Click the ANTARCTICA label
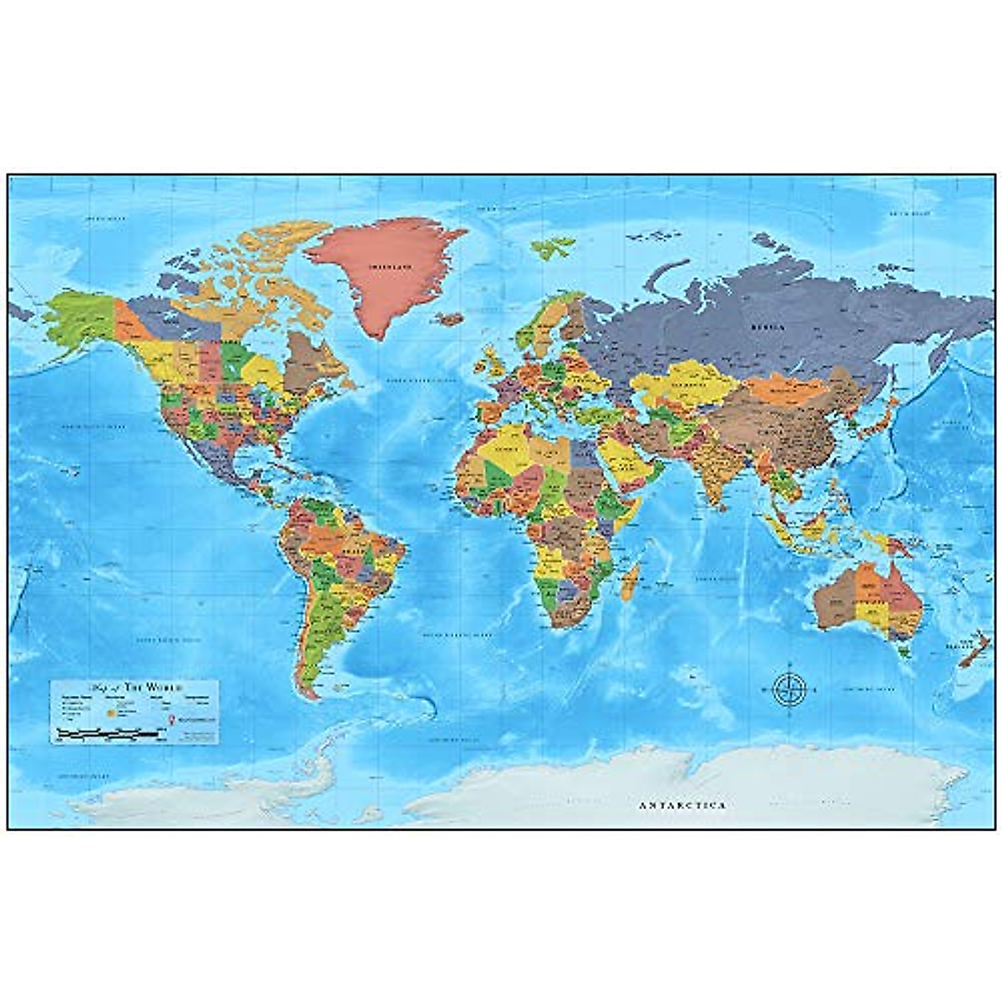coord(682,806)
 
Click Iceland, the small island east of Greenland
coord(452,319)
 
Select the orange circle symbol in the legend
coord(109,714)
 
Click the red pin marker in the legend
coord(170,718)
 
